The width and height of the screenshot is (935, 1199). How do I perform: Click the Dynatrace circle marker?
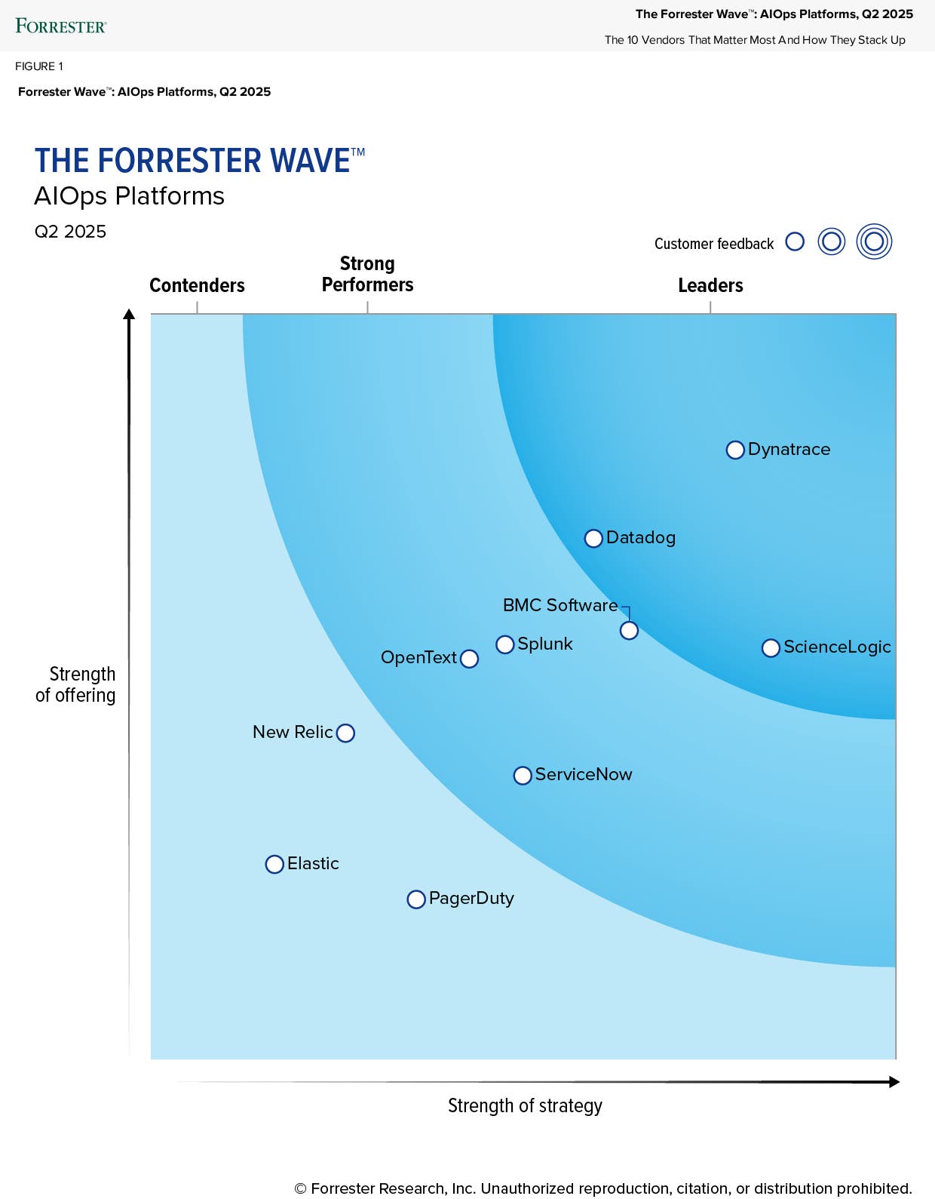735,450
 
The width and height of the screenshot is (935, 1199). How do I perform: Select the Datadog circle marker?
593,539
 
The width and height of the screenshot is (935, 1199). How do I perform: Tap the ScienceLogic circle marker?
771,648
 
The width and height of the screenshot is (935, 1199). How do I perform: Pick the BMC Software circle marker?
629,631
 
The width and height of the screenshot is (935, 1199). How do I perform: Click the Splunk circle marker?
505,644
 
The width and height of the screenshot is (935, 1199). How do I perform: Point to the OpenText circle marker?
469,659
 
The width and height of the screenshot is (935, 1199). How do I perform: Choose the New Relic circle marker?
345,733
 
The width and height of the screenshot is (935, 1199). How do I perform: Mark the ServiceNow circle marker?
523,776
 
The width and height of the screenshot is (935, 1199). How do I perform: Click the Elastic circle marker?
274,865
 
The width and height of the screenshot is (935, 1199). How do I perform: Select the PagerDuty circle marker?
416,899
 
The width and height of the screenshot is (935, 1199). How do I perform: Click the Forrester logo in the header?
61,26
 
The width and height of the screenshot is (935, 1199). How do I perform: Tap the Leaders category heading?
710,285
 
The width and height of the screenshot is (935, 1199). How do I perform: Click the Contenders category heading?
197,285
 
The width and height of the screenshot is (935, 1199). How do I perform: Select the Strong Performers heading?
367,274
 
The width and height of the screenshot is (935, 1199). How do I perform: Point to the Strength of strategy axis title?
525,1105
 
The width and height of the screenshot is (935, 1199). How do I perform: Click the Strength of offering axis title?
76,684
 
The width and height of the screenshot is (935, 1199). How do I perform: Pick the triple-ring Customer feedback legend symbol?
874,242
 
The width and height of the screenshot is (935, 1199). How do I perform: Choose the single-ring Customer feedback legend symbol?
795,241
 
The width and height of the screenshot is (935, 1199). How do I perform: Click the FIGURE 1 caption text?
39,66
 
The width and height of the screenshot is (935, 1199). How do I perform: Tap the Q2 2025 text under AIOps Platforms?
70,232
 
